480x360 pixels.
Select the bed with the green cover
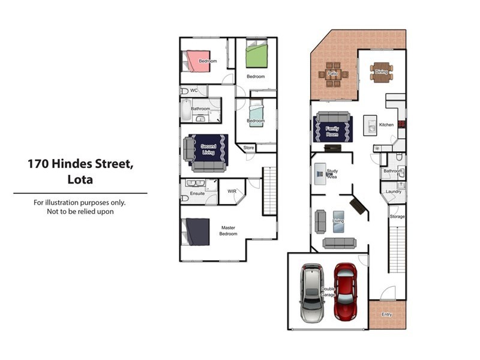coord(256,55)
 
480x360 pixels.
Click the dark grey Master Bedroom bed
coord(196,232)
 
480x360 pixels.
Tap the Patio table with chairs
coord(332,74)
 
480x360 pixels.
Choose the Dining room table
coord(381,72)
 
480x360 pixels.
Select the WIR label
coord(231,192)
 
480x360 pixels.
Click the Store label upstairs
coord(248,147)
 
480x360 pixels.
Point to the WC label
coord(194,91)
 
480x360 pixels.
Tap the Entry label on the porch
coord(387,314)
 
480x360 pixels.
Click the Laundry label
coord(394,191)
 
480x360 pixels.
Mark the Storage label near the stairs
coord(397,216)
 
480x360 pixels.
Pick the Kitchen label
coord(386,125)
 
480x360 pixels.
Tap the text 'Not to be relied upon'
coord(80,211)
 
